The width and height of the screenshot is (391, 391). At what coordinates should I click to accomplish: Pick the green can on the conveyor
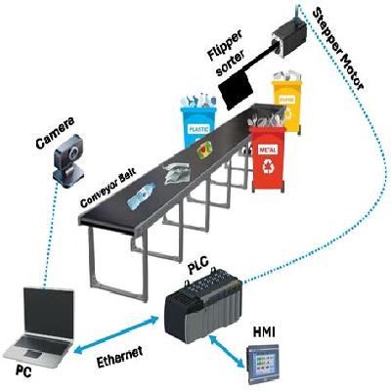coord(206,151)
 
